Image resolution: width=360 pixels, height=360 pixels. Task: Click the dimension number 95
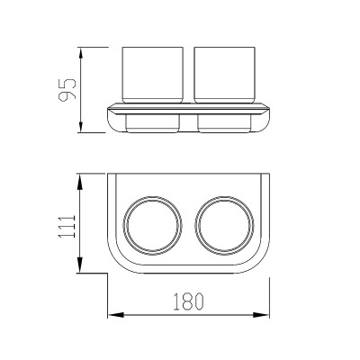click(x=67, y=90)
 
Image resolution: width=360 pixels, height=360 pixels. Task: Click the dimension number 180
click(x=189, y=301)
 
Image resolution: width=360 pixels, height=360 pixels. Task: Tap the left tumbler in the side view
click(x=153, y=75)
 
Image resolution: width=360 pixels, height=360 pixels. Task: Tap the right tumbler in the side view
click(x=224, y=75)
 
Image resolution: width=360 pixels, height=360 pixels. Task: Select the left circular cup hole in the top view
click(x=152, y=196)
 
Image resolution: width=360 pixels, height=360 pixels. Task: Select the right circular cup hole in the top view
click(x=224, y=196)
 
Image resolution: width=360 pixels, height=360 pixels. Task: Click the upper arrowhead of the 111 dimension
click(x=80, y=182)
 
